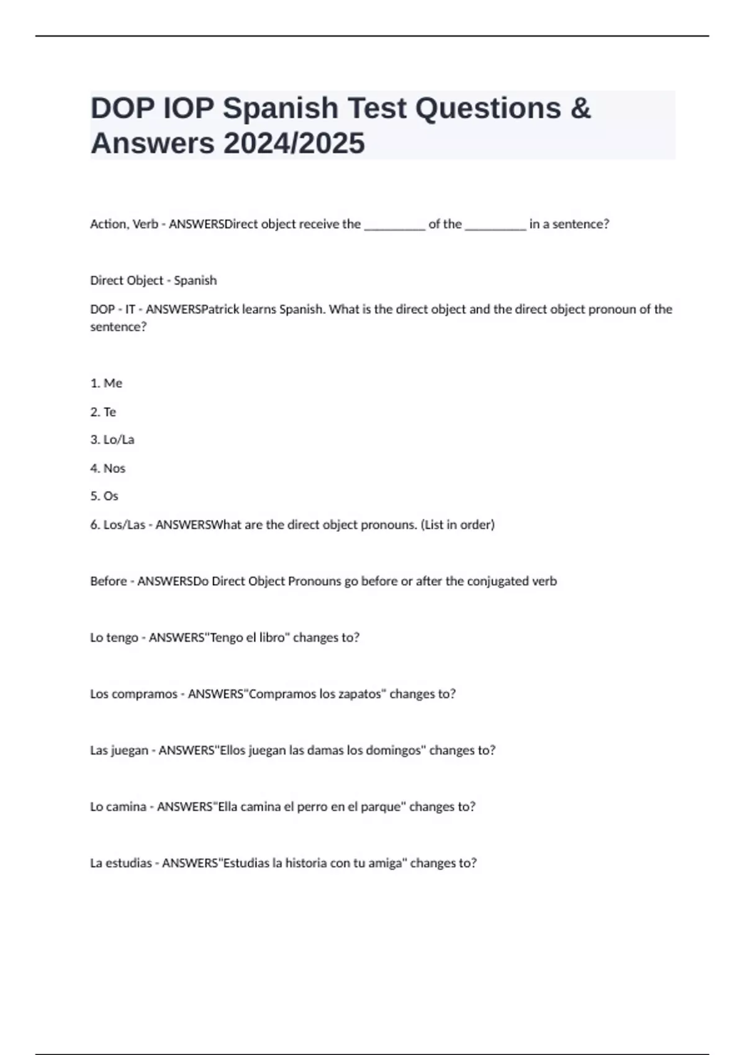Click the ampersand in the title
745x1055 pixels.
pos(579,108)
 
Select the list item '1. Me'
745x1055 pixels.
pos(106,384)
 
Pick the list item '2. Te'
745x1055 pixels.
pos(103,412)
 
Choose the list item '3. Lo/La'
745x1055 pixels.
pos(112,440)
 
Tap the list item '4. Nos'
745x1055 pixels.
pos(108,469)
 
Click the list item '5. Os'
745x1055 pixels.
pos(104,496)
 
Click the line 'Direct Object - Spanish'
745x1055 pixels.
pos(153,281)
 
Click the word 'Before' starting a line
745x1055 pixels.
pos(109,581)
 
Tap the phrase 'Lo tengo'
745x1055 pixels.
pos(114,638)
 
